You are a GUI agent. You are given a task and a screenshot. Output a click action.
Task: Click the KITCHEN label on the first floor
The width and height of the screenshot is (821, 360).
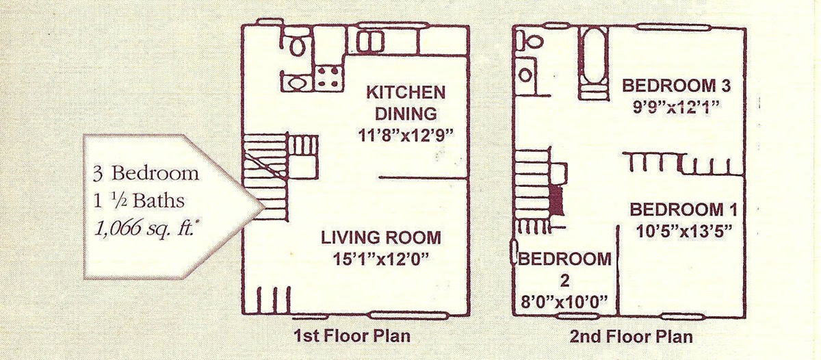406,92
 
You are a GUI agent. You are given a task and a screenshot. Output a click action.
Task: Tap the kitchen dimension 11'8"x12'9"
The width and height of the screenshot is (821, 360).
406,136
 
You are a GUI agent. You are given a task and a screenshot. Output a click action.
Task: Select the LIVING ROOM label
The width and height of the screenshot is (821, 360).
381,237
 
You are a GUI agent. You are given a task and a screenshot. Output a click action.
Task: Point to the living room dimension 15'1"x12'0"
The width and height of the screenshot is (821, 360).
381,259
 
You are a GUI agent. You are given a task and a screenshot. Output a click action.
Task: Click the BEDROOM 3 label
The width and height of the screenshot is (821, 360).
676,86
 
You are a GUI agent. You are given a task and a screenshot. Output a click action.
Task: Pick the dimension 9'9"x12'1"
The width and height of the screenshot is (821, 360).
676,107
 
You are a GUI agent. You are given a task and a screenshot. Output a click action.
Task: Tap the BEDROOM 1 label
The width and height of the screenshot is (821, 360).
683,209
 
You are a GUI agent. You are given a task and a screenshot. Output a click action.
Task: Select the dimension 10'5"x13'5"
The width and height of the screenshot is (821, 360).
684,231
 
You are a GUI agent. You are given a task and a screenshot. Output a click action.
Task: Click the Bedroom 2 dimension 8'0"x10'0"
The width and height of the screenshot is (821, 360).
564,303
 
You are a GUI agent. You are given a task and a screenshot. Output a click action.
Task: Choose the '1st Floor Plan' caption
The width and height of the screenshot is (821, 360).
352,336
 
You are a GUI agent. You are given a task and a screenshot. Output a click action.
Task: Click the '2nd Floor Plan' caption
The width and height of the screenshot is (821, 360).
631,337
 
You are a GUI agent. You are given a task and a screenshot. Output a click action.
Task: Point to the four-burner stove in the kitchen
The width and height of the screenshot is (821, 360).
328,77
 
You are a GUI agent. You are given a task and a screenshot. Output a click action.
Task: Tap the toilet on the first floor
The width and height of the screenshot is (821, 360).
296,43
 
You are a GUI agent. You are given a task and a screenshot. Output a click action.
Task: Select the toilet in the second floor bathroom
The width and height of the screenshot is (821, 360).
530,40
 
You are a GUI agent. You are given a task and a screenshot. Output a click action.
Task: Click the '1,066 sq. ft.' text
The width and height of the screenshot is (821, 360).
144,229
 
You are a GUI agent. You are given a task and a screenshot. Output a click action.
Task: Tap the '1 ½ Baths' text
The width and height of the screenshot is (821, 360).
140,201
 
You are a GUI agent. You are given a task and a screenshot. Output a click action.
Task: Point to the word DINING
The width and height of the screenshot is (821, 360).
406,114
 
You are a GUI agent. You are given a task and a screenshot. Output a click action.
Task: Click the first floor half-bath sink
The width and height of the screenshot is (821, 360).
296,83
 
